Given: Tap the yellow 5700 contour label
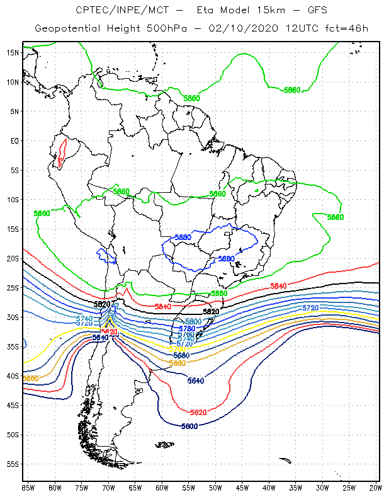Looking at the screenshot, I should [177, 349].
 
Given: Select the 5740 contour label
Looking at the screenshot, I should [84, 319].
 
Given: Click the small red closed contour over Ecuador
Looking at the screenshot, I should [61, 153].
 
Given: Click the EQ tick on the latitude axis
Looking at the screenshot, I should [14, 140].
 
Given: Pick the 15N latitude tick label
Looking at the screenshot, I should [13, 52].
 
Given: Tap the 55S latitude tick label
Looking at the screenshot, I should [13, 464].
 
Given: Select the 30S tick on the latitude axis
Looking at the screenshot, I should [13, 317].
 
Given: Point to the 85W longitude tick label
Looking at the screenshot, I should [28, 488].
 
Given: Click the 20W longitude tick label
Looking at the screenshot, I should [376, 488].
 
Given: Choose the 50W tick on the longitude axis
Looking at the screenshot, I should [215, 488].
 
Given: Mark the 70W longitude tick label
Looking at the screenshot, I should [108, 488].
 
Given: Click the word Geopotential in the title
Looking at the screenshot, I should [65, 28].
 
